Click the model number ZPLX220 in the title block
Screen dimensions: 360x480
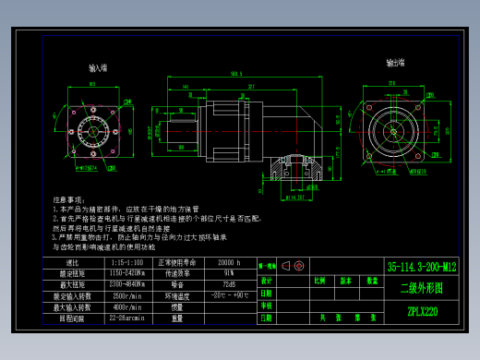(x=421, y=311)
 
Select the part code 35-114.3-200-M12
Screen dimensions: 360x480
(x=421, y=265)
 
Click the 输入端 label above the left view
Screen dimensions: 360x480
(x=98, y=68)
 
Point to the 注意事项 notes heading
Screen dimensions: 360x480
(x=71, y=199)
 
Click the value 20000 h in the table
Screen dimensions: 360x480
(x=228, y=263)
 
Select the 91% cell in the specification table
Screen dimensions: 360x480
(x=228, y=274)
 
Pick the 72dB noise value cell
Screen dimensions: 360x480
(x=228, y=285)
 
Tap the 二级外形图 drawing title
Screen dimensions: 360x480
(x=421, y=288)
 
